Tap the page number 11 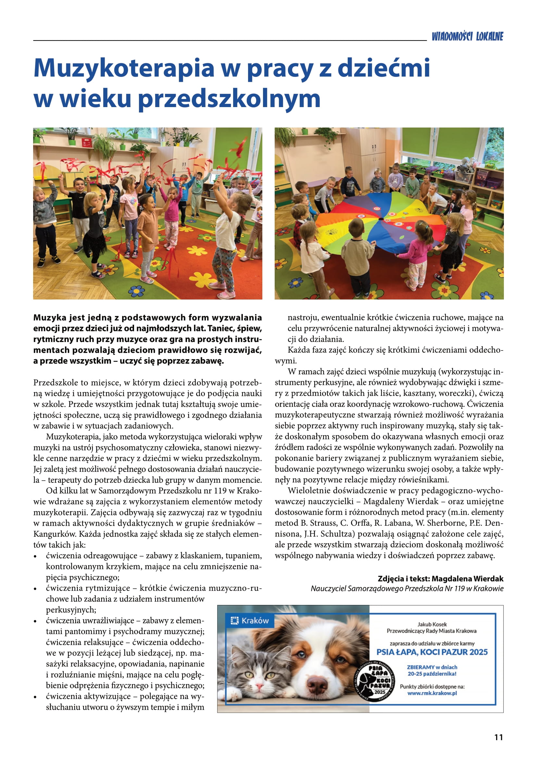(x=498, y=737)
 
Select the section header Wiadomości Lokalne (x=467, y=36)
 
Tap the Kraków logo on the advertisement (x=250, y=621)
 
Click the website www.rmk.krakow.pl (x=432, y=693)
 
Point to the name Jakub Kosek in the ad (x=432, y=624)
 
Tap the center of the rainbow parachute (x=381, y=219)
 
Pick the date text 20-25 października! (x=432, y=673)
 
